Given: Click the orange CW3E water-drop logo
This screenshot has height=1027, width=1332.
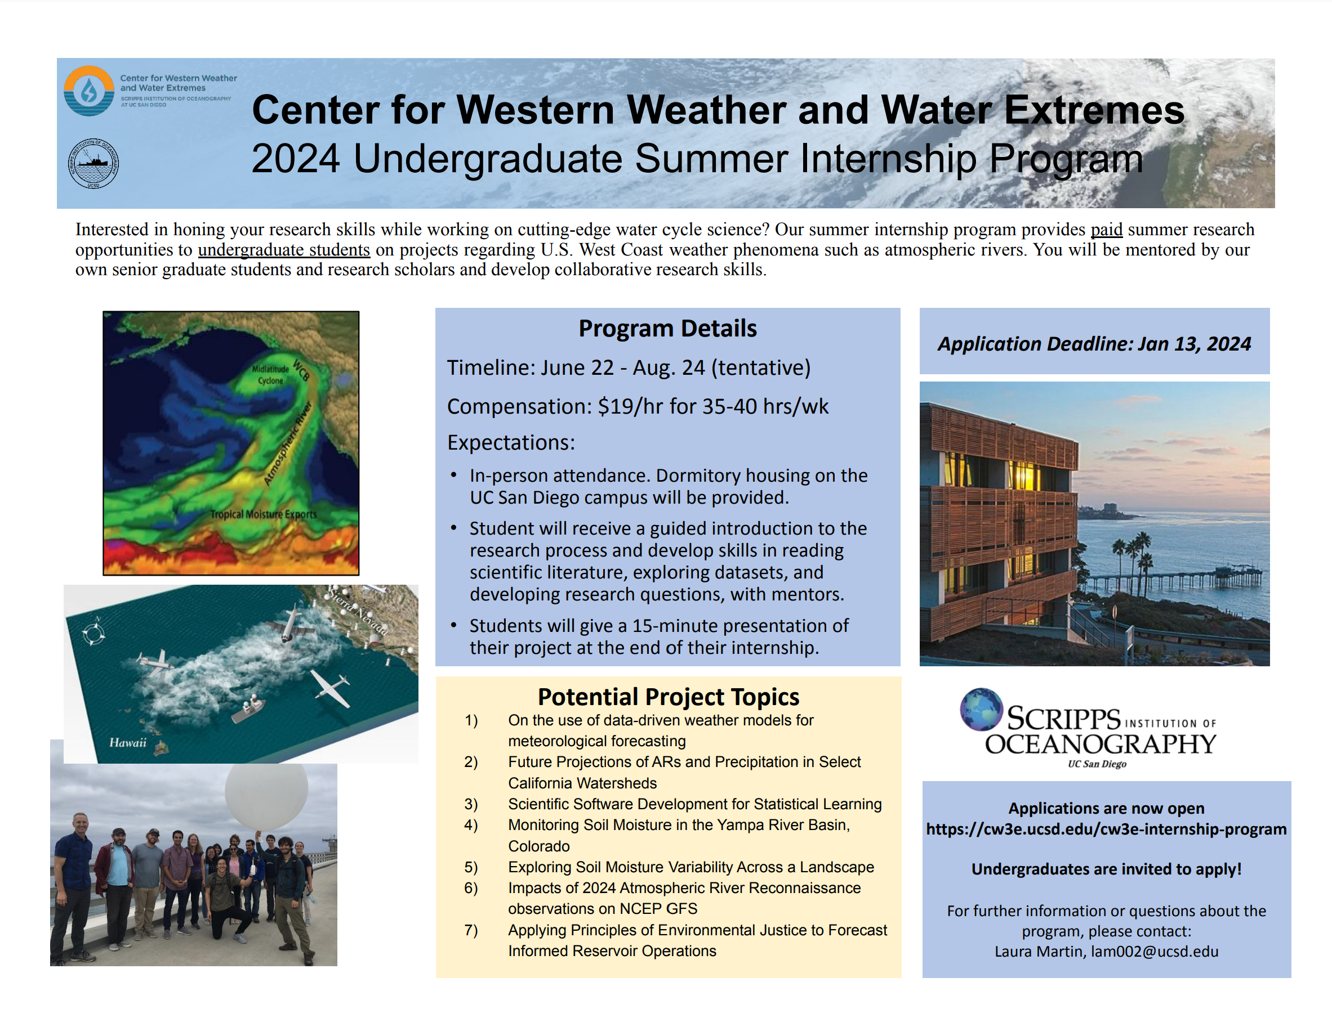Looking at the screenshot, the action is pyautogui.click(x=89, y=91).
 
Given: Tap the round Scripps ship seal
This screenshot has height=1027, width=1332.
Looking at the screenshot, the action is pyautogui.click(x=93, y=163).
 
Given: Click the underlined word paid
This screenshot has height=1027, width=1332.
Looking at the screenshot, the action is pyautogui.click(x=1106, y=229).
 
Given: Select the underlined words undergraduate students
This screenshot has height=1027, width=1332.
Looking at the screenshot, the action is pyautogui.click(x=284, y=249).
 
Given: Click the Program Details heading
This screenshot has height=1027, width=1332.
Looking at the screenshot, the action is pyautogui.click(x=667, y=328).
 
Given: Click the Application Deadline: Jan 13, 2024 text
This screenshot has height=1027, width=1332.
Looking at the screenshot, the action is pyautogui.click(x=1094, y=344).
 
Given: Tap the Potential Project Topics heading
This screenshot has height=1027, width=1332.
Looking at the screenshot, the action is pyautogui.click(x=669, y=696).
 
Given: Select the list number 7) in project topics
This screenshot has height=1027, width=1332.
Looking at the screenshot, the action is pyautogui.click(x=471, y=930).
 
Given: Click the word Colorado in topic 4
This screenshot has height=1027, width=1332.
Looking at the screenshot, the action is pyautogui.click(x=539, y=846).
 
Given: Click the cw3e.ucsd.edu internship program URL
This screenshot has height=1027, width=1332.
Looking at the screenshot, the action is pyautogui.click(x=1106, y=829).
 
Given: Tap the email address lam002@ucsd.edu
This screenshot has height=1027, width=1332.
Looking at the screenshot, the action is pyautogui.click(x=1155, y=952).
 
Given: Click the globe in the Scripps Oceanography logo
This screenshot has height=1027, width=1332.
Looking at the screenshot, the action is pyautogui.click(x=981, y=709).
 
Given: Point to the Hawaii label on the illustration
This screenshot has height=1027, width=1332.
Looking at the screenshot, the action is pyautogui.click(x=128, y=742).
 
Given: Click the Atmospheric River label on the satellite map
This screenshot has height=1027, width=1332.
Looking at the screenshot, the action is pyautogui.click(x=288, y=443).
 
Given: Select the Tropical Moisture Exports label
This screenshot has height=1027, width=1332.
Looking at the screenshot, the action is pyautogui.click(x=264, y=514).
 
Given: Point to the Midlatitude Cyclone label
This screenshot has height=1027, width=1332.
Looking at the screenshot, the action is pyautogui.click(x=270, y=374).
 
